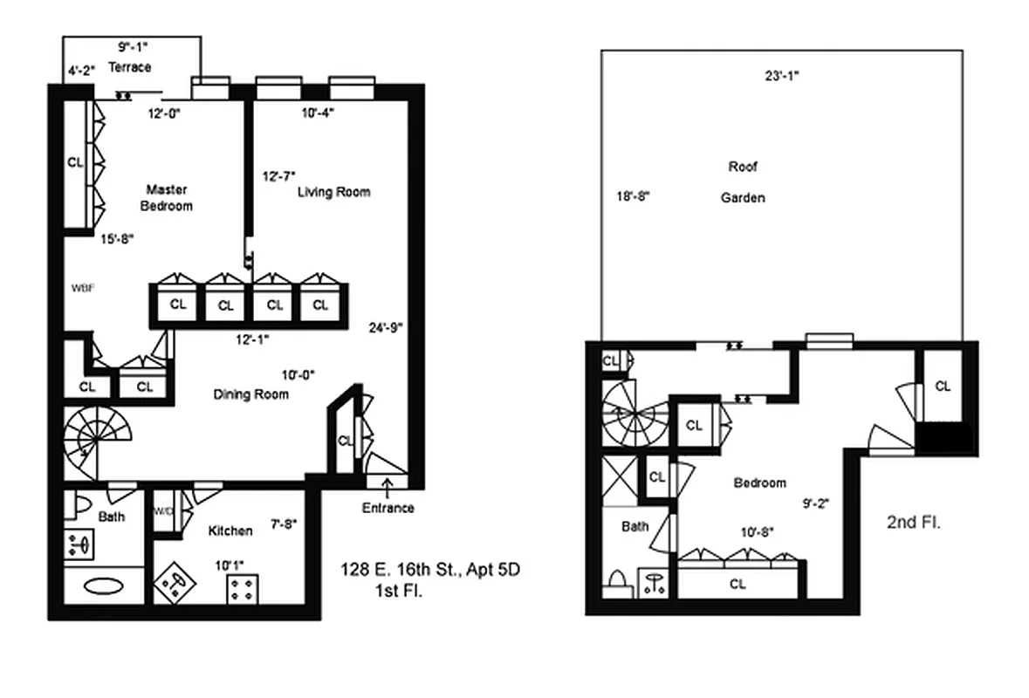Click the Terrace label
click(x=129, y=67)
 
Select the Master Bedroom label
click(x=167, y=197)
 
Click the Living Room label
click(x=333, y=192)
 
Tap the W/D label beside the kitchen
click(x=164, y=511)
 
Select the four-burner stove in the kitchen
click(x=241, y=588)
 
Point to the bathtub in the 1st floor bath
click(x=104, y=585)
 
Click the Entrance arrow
click(x=385, y=481)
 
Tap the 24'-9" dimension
click(x=385, y=328)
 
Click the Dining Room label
click(x=251, y=394)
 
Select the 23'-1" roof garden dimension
click(x=781, y=76)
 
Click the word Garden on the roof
click(x=742, y=198)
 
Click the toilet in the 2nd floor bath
click(x=617, y=582)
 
